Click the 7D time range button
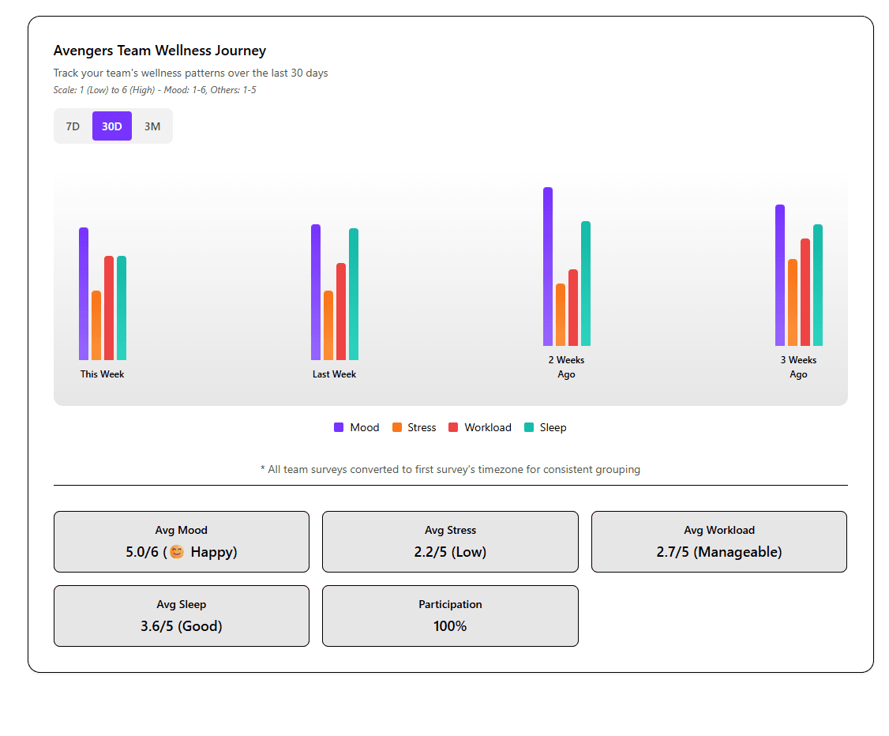73,126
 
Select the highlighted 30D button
112,126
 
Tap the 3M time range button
152,126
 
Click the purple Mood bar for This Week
84,294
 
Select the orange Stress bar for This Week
96,325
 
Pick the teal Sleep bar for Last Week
354,294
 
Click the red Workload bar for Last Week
341,311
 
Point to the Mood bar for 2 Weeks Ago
548,266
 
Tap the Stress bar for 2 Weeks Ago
561,314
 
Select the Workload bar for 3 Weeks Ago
805,292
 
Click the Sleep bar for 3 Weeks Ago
818,285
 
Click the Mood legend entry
356,427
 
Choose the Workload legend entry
480,427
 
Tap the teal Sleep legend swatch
529,427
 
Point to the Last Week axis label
334,374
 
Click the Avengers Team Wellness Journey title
159,51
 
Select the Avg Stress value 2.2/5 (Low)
450,552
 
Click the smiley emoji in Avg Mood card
177,552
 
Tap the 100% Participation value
450,626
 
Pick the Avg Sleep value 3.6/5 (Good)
182,626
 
